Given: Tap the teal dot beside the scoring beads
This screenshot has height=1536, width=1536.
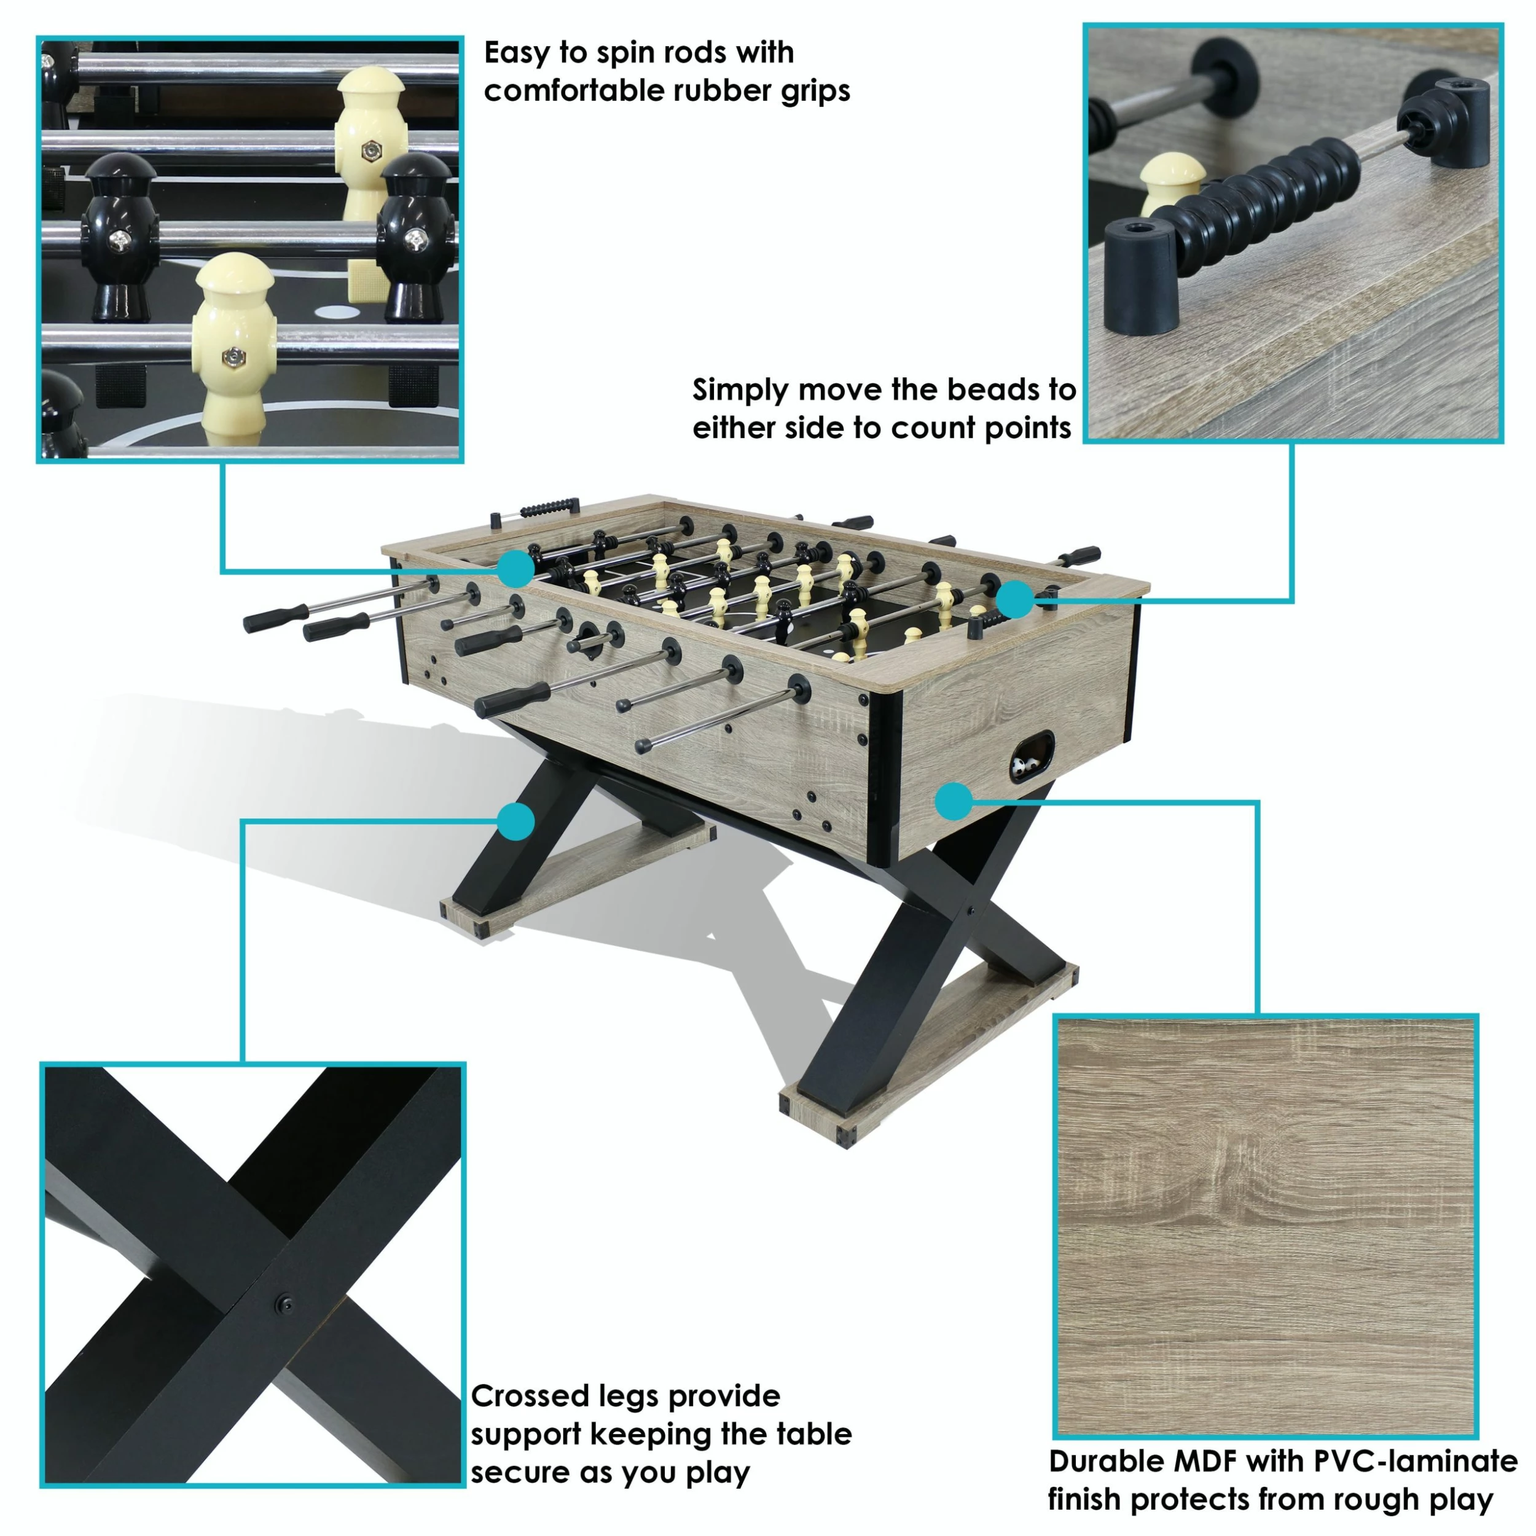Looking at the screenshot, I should (1014, 600).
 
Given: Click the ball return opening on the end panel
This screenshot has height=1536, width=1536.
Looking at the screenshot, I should (1032, 758).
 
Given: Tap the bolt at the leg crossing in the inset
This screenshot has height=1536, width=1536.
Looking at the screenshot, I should (284, 1304).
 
